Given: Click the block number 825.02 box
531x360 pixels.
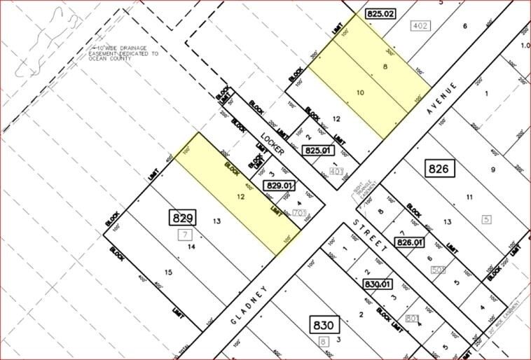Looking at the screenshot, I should (381, 13).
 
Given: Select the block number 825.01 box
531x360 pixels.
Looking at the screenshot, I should (317, 150).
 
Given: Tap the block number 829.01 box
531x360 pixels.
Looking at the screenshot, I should (279, 185).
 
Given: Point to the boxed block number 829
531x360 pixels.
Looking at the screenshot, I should (181, 217).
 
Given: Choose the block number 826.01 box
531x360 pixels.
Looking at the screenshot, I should (412, 242).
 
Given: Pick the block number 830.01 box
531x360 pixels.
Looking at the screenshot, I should (380, 285).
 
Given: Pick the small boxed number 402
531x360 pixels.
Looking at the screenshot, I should (420, 26).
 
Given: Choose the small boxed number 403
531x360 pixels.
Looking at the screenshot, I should (336, 170).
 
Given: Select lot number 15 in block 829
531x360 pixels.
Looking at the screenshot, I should (168, 272).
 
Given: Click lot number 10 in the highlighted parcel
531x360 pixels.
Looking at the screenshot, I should (361, 92).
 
